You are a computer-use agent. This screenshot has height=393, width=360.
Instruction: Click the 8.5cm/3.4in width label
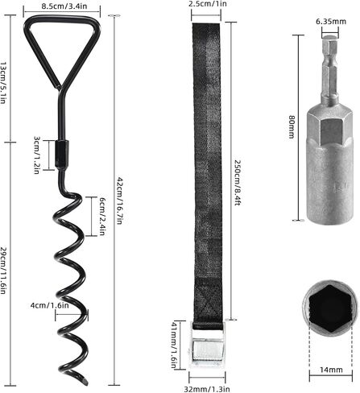pos(64,6)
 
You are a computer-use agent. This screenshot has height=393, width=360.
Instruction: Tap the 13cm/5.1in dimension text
pos(3,83)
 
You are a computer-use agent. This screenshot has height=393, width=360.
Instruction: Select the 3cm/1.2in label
pos(37,155)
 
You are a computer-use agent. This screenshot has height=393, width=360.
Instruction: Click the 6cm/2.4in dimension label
pos(102,217)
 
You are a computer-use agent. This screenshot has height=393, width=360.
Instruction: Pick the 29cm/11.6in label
pos(3,271)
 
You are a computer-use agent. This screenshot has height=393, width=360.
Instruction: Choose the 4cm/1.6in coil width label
pos(50,305)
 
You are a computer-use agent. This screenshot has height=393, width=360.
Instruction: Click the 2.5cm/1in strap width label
pos(208,4)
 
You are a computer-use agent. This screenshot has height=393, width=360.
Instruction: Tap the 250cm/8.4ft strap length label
pos(238,183)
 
